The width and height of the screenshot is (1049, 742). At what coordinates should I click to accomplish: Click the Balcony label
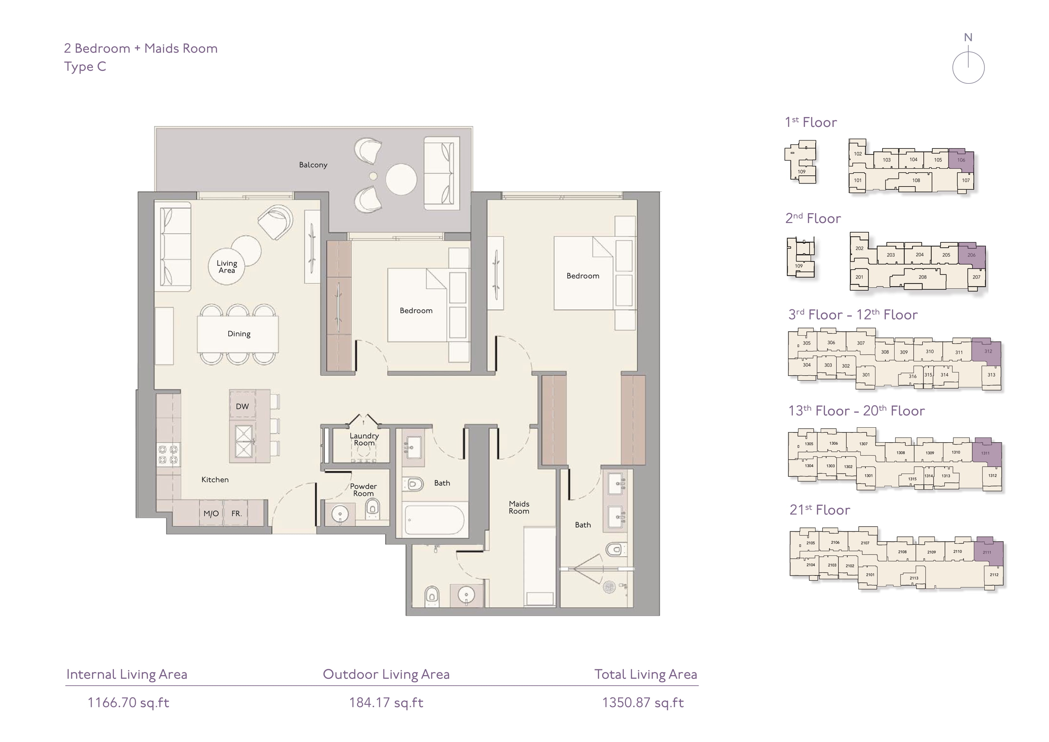pos(313,165)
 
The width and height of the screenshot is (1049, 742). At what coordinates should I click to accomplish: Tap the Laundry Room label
pos(364,439)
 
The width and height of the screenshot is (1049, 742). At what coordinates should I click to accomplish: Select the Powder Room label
pos(363,489)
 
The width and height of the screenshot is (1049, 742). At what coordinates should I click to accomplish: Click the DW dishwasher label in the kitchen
pos(242,406)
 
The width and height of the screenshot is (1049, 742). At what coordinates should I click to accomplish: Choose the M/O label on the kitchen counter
pos(211,513)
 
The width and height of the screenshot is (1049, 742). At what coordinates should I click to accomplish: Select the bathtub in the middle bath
pos(434,520)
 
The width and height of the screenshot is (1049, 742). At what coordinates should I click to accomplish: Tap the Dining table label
pos(239,334)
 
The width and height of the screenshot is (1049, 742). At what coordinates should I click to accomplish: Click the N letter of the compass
pos(968,37)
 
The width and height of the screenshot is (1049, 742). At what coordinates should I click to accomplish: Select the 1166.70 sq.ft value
pos(128,703)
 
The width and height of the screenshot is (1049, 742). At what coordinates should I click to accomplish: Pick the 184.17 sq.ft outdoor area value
pos(386,703)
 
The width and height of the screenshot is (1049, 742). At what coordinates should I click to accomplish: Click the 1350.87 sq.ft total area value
pos(643,703)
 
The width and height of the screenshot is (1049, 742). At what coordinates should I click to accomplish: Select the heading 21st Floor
pos(820,510)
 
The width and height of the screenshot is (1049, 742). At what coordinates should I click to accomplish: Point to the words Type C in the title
pos(85,67)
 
